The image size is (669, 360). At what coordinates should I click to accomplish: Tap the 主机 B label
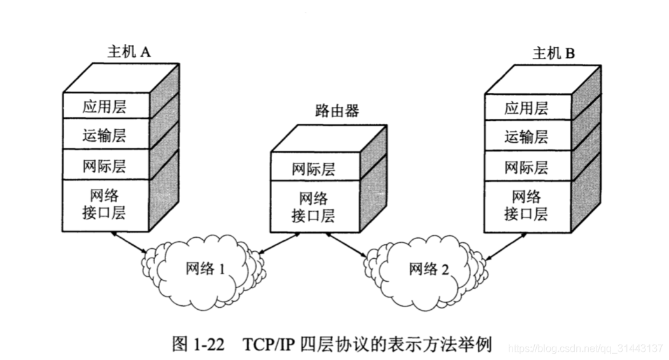553,53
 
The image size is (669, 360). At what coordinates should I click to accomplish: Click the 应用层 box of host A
104,106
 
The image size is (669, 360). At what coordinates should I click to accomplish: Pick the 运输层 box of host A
104,135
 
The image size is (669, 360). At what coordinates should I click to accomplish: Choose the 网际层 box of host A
104,166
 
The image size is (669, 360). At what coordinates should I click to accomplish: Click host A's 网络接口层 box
104,203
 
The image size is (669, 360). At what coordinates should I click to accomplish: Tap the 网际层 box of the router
314,169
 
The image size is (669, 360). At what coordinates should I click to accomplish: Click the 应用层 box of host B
527,107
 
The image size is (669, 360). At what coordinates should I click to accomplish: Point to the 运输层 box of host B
527,137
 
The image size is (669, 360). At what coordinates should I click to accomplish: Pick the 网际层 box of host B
527,167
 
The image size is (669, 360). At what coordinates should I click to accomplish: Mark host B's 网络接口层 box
527,204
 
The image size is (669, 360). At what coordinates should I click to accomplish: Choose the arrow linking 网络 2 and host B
505,248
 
